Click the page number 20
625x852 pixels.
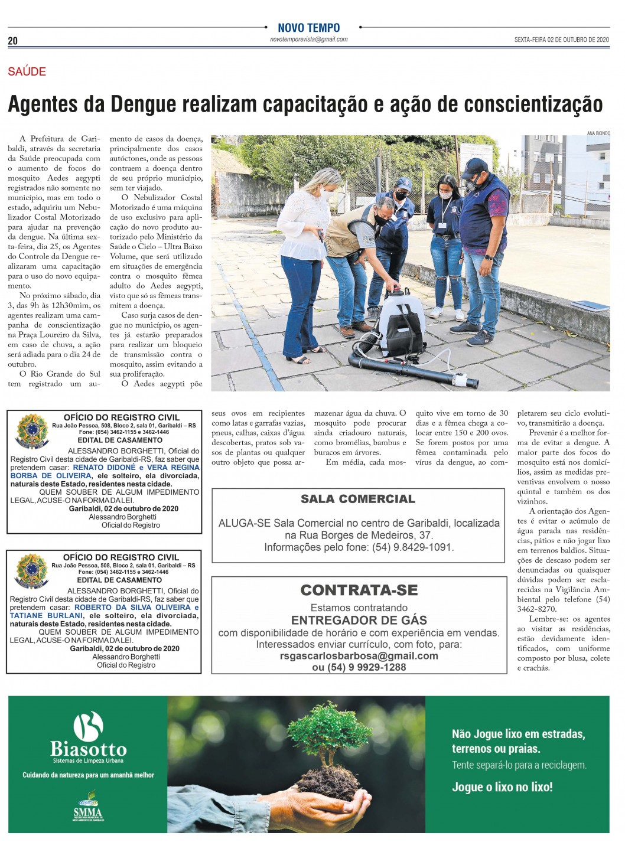[12, 41]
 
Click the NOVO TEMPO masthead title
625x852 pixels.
[308, 28]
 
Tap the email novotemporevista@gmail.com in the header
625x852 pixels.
[308, 40]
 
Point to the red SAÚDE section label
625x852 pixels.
[27, 71]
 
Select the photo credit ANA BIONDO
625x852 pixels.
[598, 133]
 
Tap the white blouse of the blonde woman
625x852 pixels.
[304, 221]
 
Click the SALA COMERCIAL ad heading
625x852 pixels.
[358, 499]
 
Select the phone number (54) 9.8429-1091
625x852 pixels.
[412, 547]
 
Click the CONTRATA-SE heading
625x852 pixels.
[359, 590]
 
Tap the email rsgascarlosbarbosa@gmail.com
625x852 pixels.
[359, 656]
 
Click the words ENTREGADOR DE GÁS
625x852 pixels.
[359, 620]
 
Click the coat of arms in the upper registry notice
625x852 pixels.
[32, 431]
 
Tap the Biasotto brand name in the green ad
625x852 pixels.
[88, 749]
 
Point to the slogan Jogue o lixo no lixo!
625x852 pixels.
[502, 786]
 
